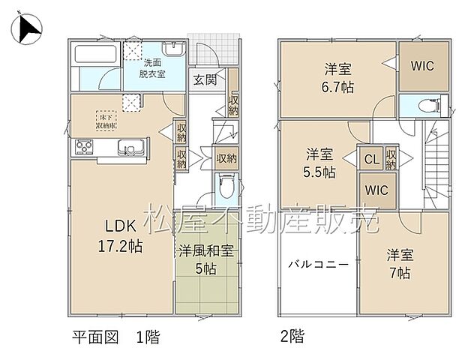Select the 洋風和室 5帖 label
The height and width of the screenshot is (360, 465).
point(205,259)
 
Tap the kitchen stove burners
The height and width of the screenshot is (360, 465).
point(82,150)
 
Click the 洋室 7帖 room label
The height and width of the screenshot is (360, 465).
point(398,263)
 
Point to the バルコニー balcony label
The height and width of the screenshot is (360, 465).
point(317,265)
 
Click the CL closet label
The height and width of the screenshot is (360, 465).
point(371,158)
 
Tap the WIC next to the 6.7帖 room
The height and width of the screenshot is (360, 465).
point(422,65)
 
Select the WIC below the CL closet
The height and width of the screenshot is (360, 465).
point(376,190)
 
